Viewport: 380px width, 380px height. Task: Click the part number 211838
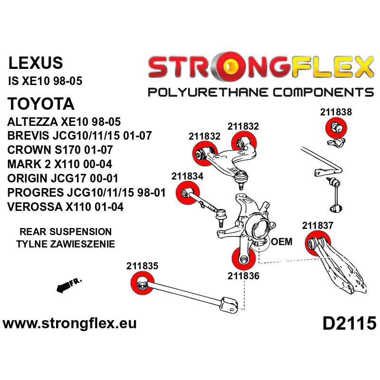pyautogui.click(x=336, y=113)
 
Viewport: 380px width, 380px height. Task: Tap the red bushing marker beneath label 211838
pyautogui.click(x=336, y=128)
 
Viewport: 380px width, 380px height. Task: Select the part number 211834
pyautogui.click(x=187, y=176)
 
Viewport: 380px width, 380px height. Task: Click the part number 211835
pyautogui.click(x=142, y=266)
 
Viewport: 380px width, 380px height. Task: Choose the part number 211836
pyautogui.click(x=243, y=276)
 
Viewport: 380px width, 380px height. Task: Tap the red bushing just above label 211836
pyautogui.click(x=243, y=259)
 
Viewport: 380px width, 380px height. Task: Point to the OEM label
pyautogui.click(x=282, y=242)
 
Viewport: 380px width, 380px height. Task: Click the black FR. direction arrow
pyautogui.click(x=68, y=286)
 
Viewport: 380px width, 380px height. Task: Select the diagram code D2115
pyautogui.click(x=349, y=324)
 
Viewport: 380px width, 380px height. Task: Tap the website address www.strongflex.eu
pyautogui.click(x=70, y=324)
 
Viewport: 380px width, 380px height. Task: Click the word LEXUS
pyautogui.click(x=36, y=63)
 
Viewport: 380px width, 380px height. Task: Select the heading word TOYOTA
pyautogui.click(x=41, y=104)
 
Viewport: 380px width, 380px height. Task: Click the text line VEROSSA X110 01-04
pyautogui.click(x=66, y=207)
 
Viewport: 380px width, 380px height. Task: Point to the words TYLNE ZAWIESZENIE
pyautogui.click(x=66, y=244)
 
